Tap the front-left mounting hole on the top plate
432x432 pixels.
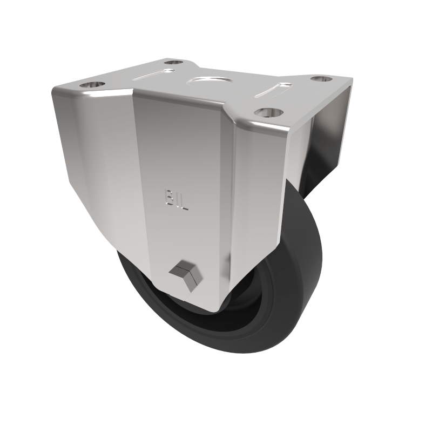(93, 85)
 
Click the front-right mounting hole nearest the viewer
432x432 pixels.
(269, 112)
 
